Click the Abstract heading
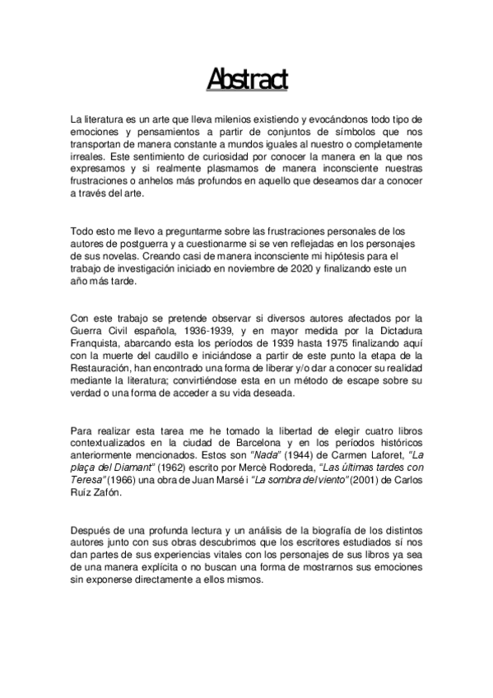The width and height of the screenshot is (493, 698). coord(246,80)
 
